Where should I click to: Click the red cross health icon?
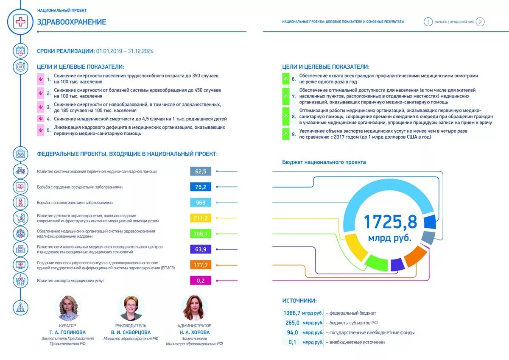pyautogui.click(x=20, y=22)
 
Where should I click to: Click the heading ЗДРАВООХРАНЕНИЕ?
pyautogui.click(x=72, y=22)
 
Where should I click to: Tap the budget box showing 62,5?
pyautogui.click(x=201, y=171)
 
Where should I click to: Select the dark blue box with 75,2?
pyautogui.click(x=201, y=187)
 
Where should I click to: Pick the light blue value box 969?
pyautogui.click(x=201, y=203)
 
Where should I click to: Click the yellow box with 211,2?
pyautogui.click(x=201, y=218)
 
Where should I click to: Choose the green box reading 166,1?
pyautogui.click(x=201, y=234)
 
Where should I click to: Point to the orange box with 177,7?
pyautogui.click(x=201, y=265)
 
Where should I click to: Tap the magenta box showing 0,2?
pyautogui.click(x=201, y=280)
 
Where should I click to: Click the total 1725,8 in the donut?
pyautogui.click(x=390, y=222)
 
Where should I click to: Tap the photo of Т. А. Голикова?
pyautogui.click(x=68, y=308)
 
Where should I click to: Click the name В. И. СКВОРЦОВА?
pyautogui.click(x=131, y=332)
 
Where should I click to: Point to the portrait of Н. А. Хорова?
pyautogui.click(x=194, y=308)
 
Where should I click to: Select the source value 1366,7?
pyautogui.click(x=292, y=313)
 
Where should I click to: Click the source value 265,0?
pyautogui.click(x=293, y=323)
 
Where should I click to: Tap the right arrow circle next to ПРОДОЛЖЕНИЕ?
pyautogui.click(x=480, y=22)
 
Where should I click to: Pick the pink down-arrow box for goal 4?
pyautogui.click(x=41, y=119)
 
